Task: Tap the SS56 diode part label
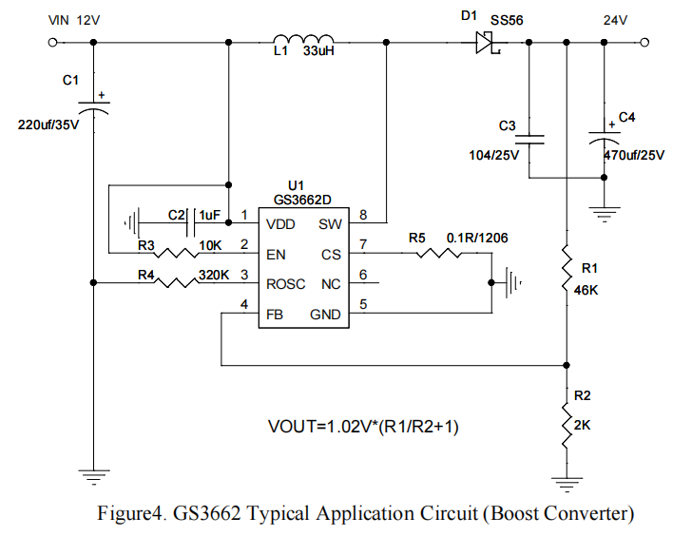click(507, 20)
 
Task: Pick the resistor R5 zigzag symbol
click(438, 254)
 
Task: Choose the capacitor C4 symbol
click(605, 138)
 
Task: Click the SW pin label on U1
click(330, 224)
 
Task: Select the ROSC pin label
click(286, 283)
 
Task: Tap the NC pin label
click(331, 283)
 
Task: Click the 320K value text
click(213, 275)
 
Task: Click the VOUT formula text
click(364, 428)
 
